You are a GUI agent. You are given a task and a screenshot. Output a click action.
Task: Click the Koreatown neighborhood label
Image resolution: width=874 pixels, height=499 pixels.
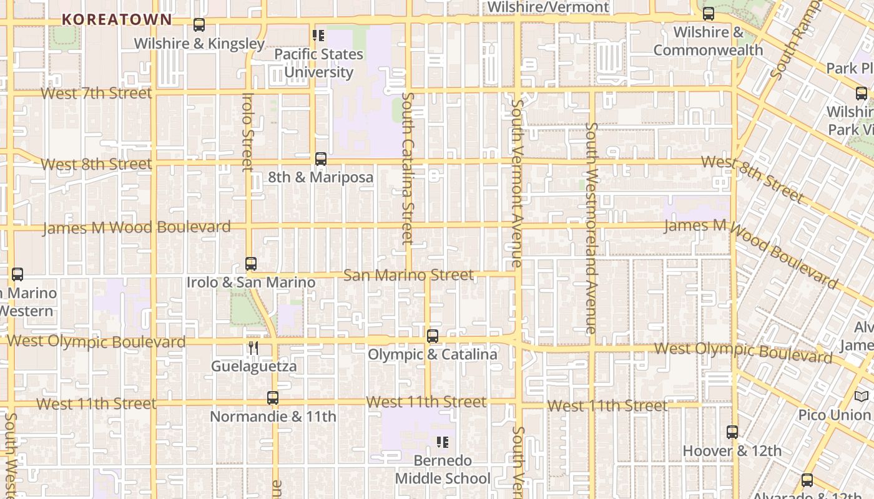click(x=117, y=19)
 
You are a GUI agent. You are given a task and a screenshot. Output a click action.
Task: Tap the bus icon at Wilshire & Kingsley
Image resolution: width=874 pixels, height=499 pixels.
click(x=199, y=25)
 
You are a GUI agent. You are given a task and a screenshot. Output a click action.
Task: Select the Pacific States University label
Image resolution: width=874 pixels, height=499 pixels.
click(x=318, y=63)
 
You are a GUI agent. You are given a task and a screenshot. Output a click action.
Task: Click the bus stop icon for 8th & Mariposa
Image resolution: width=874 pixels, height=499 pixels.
click(x=321, y=159)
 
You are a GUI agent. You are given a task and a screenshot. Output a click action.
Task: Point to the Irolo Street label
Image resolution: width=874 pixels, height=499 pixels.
click(x=248, y=132)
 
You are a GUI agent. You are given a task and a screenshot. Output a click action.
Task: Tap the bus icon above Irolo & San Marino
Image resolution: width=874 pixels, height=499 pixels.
click(x=251, y=264)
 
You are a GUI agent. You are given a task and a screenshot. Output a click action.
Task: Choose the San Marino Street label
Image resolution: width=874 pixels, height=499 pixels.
click(x=408, y=275)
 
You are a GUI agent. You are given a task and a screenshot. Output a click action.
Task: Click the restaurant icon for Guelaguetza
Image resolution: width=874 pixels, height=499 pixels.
click(x=253, y=348)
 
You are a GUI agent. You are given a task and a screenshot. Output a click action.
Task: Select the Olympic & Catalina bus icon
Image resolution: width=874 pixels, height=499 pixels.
click(x=433, y=336)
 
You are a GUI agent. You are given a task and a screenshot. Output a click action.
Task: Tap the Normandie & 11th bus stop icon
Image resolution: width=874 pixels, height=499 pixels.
click(x=273, y=398)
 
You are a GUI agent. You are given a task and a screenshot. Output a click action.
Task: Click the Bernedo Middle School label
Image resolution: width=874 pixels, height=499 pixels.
click(x=443, y=470)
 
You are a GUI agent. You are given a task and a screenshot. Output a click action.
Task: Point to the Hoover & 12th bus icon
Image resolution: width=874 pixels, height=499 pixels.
click(x=732, y=432)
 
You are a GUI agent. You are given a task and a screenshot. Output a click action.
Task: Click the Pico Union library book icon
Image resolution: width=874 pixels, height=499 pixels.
click(x=862, y=396)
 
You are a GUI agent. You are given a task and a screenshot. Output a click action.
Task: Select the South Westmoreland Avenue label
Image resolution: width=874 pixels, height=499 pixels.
click(x=591, y=228)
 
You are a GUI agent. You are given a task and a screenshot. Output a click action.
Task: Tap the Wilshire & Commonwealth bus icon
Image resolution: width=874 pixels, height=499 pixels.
click(x=709, y=14)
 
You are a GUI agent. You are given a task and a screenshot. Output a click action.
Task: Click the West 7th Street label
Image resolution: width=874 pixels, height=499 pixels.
click(x=96, y=94)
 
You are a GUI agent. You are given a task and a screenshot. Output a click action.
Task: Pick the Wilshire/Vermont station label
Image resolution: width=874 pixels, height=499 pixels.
click(x=547, y=7)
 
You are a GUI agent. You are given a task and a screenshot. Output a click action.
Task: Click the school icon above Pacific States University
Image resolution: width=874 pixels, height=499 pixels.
click(x=318, y=36)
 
